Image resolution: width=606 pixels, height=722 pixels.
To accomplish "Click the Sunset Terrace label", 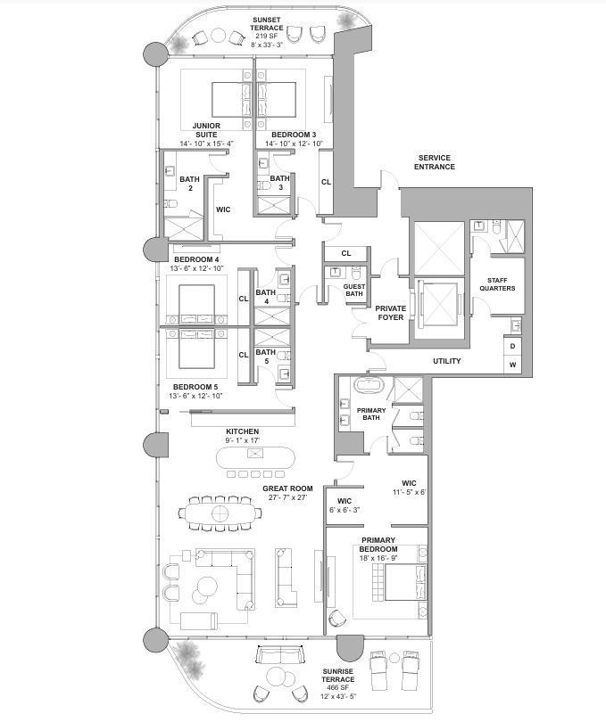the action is (267, 24).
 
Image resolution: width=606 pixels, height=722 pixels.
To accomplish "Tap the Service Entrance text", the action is (435, 162).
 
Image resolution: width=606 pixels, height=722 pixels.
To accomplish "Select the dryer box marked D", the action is (513, 346).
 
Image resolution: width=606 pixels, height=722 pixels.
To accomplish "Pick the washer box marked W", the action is (513, 365).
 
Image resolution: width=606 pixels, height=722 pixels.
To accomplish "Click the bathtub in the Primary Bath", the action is (367, 385).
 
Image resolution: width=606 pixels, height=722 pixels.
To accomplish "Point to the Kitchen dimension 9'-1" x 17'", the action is (243, 440).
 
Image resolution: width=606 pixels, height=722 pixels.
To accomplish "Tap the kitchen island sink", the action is (255, 454).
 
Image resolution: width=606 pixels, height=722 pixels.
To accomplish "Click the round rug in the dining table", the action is (220, 513).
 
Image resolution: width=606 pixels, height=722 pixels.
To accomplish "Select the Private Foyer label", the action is (391, 313).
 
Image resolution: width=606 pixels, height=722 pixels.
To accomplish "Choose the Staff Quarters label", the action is (497, 284).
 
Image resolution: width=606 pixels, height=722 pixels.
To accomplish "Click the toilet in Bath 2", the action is (170, 203).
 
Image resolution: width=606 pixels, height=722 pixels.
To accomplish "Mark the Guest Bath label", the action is (354, 290).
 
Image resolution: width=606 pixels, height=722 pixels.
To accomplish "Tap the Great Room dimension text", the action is (287, 497).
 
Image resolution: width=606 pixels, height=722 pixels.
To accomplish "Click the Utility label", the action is (447, 361).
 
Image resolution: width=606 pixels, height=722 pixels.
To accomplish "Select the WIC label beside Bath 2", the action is (223, 209).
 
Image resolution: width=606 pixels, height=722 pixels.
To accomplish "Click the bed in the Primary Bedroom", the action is (401, 582).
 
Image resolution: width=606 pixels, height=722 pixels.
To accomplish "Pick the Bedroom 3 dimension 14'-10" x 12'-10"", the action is (294, 144).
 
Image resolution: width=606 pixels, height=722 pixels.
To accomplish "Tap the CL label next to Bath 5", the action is (244, 355).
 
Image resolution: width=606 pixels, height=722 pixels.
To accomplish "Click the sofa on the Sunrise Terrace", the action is (280, 654).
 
